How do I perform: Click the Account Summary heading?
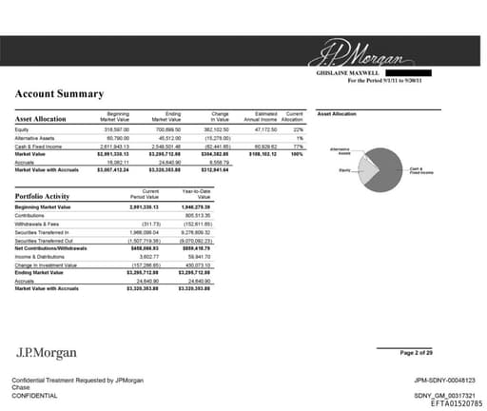58,94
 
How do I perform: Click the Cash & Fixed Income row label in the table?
37,146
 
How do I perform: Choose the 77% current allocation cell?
297,146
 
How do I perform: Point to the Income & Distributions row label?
41,256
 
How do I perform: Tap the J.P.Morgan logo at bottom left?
47,353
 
